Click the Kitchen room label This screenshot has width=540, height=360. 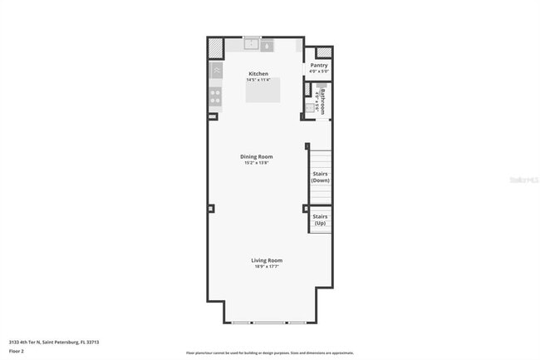tap(258, 74)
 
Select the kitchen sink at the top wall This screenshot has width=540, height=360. tap(250, 44)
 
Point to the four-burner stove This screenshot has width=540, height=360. tap(215, 96)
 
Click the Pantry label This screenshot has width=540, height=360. tap(319, 65)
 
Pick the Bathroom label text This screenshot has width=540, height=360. tap(322, 99)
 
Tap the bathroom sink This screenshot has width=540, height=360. tap(309, 107)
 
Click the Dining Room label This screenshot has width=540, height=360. tap(257, 156)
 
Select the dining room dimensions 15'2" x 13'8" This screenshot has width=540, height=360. tap(257, 163)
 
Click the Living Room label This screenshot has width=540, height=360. tap(267, 260)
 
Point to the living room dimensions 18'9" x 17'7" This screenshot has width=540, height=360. tap(267, 267)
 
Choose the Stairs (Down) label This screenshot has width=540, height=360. tap(321, 177)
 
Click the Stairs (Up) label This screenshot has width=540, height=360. tap(320, 219)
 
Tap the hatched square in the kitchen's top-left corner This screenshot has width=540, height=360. tap(215, 48)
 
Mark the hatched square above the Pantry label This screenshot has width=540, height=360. tap(323, 52)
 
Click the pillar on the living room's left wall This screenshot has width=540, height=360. tap(211, 208)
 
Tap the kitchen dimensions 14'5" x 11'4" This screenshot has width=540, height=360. tap(258, 81)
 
